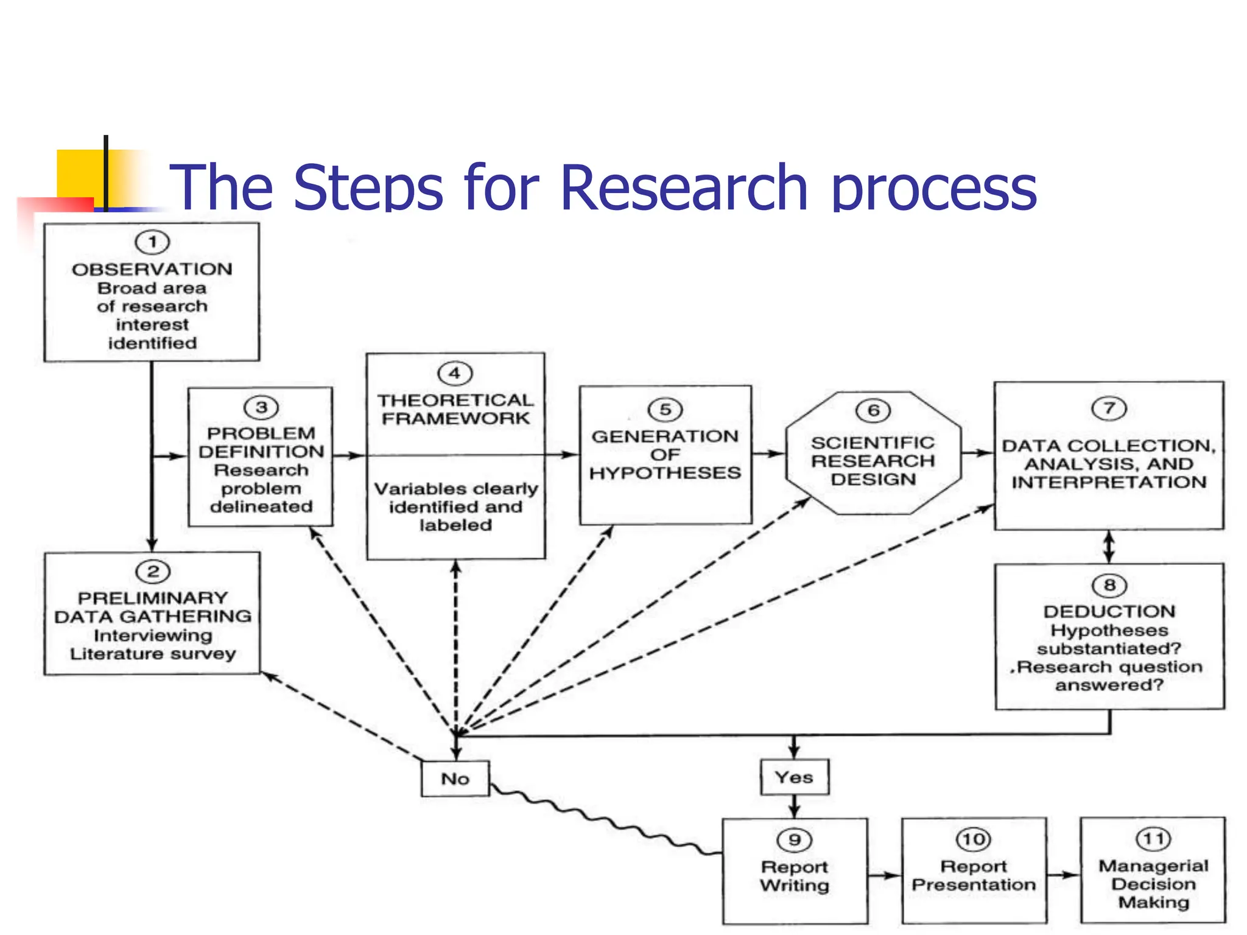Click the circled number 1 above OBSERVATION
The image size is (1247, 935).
152,242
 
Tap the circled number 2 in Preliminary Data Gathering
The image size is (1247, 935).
153,571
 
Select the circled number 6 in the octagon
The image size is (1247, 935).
873,410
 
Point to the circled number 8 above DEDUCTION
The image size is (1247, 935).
1109,585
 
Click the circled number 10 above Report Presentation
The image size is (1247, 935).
974,839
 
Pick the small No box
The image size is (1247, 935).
455,779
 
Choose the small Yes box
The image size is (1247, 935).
794,777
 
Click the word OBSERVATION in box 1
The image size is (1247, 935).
152,269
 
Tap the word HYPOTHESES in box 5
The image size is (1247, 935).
665,473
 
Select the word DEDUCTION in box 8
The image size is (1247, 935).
1109,611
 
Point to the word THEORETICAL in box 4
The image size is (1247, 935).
455,400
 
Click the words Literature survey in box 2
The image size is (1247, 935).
153,654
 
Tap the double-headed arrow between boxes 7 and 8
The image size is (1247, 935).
1109,547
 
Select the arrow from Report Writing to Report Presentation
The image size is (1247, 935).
884,875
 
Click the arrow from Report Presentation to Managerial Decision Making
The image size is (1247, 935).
1063,875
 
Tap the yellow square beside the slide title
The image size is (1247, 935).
79,173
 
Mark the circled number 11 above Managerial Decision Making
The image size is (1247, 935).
1153,839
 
